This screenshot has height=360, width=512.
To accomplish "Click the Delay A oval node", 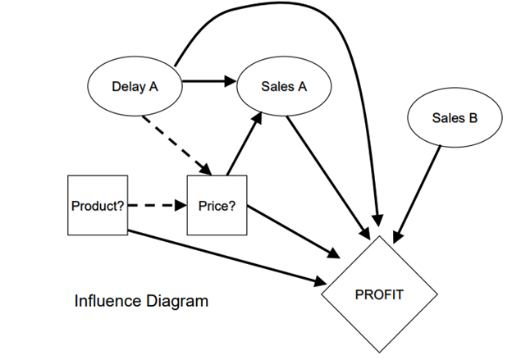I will (x=135, y=84).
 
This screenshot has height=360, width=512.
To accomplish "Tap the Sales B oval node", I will (x=455, y=118).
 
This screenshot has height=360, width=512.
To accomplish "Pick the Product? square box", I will (x=97, y=206).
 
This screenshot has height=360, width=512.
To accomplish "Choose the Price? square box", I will (x=217, y=206).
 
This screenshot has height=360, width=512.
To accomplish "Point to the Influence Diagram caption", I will (x=141, y=301).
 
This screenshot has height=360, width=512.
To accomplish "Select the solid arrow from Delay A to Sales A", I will (x=208, y=81).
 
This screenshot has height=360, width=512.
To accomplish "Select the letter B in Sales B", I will (x=473, y=118).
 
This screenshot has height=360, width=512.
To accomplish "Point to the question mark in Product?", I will (x=121, y=206).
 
